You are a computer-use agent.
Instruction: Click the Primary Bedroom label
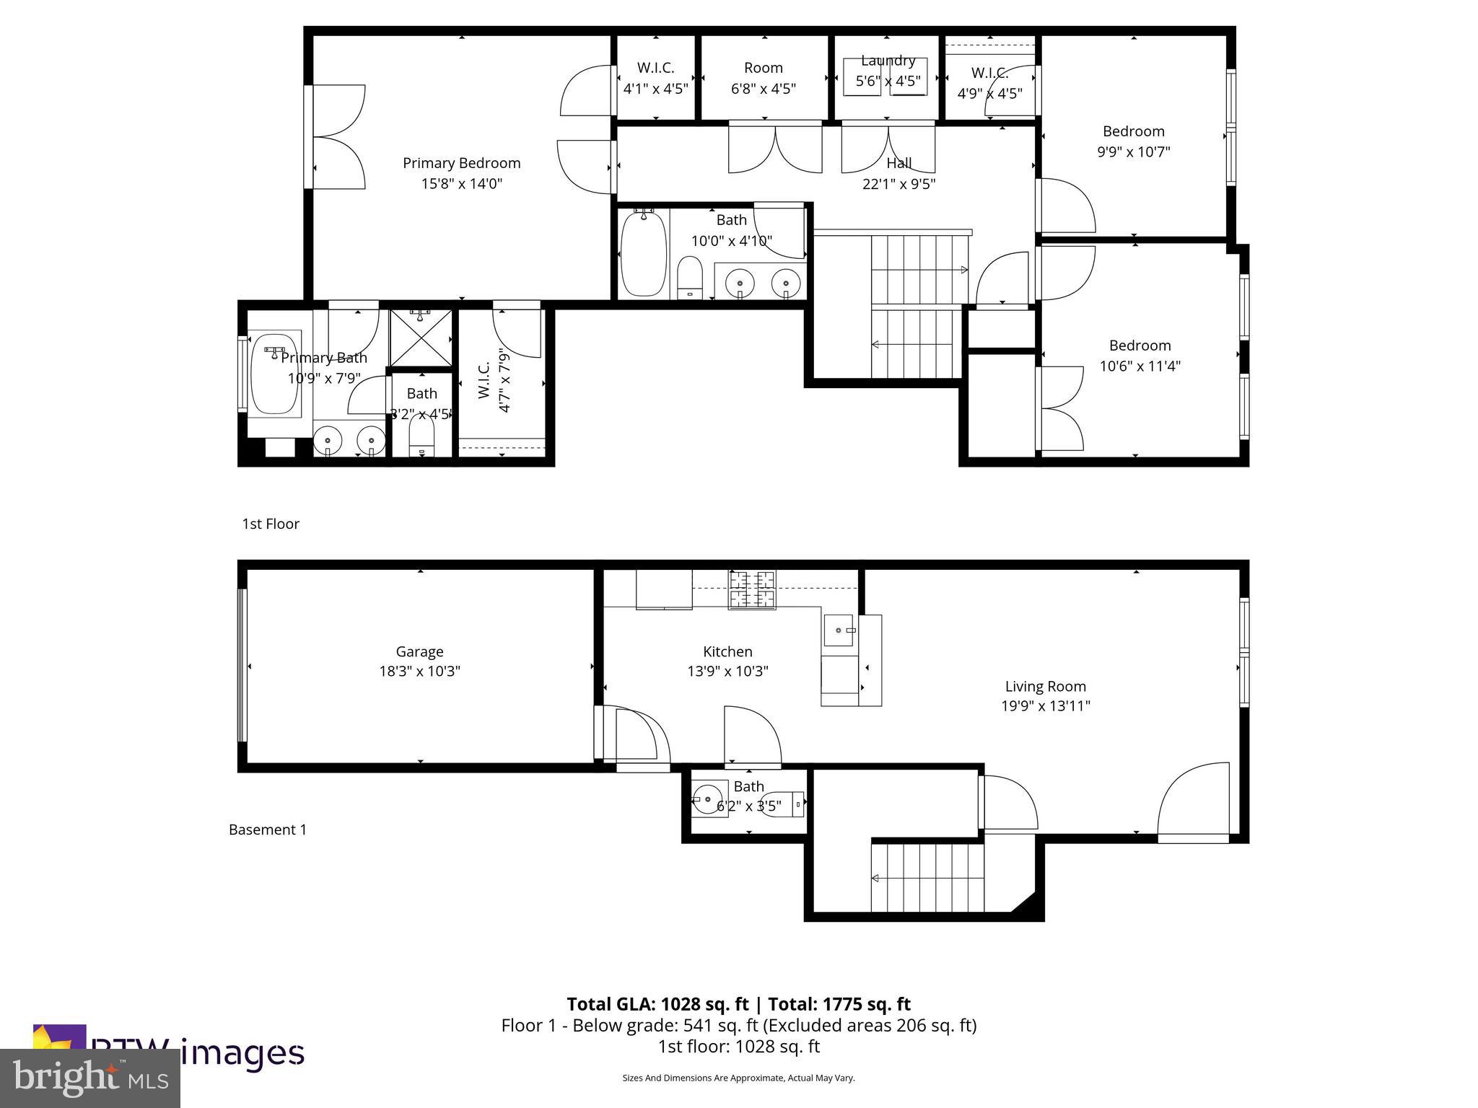pos(461,163)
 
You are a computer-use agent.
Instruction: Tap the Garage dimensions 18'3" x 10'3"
pos(419,672)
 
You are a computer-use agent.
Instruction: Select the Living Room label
pos(1045,687)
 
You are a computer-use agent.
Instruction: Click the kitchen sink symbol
pos(839,630)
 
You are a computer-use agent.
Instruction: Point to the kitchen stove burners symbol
pos(751,589)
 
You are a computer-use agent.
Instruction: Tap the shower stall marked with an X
pos(421,338)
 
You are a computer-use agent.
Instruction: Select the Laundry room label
pos(888,61)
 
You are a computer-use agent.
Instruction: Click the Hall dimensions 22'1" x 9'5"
pos(898,184)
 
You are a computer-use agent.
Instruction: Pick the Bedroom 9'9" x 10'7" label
pos(1133,131)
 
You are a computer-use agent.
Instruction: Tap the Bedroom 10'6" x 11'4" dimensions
pos(1140,366)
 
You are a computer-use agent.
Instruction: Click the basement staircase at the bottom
pos(927,878)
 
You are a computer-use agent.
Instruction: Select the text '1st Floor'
pos(271,524)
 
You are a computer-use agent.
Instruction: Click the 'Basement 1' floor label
pos(268,830)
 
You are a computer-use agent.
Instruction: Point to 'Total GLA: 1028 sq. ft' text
pos(658,1004)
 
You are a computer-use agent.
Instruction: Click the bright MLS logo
pos(89,1077)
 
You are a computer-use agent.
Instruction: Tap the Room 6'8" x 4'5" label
pos(763,69)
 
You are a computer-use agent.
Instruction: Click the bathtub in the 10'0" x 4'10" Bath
pos(643,253)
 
